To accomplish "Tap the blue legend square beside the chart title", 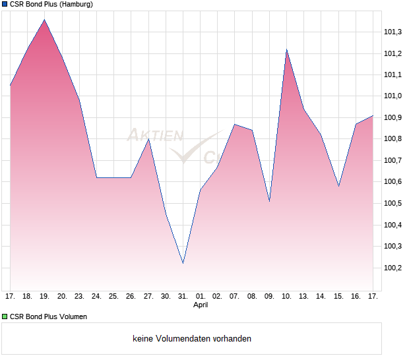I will tap(4, 4).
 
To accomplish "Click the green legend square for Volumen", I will tap(4, 316).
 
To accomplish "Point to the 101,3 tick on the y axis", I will tap(393, 32).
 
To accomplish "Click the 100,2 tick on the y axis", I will tap(393, 268).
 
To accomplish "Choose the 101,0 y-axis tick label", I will tap(393, 96).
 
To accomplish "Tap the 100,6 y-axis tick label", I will tap(393, 182).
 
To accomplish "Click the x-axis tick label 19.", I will tap(45, 297).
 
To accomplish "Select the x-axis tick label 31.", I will tap(183, 297).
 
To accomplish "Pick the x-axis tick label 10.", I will tap(286, 297).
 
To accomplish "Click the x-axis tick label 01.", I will tap(201, 297).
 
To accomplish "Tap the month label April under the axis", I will tap(201, 306).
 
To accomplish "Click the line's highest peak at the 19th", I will tap(45, 20).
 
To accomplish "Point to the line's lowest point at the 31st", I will tap(183, 263).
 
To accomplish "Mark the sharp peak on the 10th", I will tap(286, 49).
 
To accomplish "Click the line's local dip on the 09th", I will tap(269, 201).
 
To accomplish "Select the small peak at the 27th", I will tap(148, 139).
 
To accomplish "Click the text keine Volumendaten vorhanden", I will tap(192, 339).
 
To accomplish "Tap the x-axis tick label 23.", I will tap(79, 297).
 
